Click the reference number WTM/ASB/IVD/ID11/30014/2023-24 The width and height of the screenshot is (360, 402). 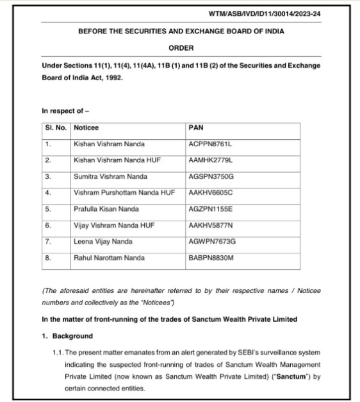tap(265, 13)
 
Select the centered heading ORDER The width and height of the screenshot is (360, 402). tap(181, 48)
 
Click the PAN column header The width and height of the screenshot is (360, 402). tap(196, 128)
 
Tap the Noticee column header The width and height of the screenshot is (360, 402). tap(86, 128)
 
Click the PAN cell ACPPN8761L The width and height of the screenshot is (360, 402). tap(211, 144)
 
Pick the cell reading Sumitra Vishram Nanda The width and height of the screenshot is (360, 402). tap(110, 176)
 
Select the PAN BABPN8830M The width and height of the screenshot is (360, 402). tap(211, 258)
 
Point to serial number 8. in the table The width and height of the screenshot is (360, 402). tap(48, 258)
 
